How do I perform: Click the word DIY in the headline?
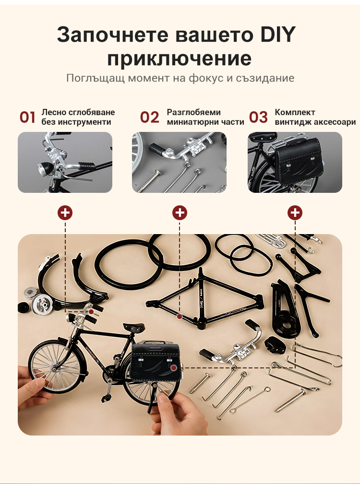[x=278, y=35]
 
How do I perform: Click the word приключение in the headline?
[x=180, y=59]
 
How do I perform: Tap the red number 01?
[x=27, y=118]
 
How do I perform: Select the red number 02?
[x=150, y=118]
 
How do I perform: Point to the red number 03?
[x=258, y=118]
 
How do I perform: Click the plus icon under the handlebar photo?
[x=65, y=212]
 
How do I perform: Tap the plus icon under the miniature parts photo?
[x=180, y=212]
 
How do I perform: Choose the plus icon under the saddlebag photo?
[x=295, y=212]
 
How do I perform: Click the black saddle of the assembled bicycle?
[x=134, y=327]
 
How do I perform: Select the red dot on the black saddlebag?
[x=174, y=367]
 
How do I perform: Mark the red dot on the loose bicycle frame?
[x=180, y=317]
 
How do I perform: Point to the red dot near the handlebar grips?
[x=91, y=312]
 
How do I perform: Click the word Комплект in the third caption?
[x=295, y=112]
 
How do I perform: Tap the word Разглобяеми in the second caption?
[x=194, y=112]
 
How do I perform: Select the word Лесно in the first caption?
[x=53, y=112]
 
